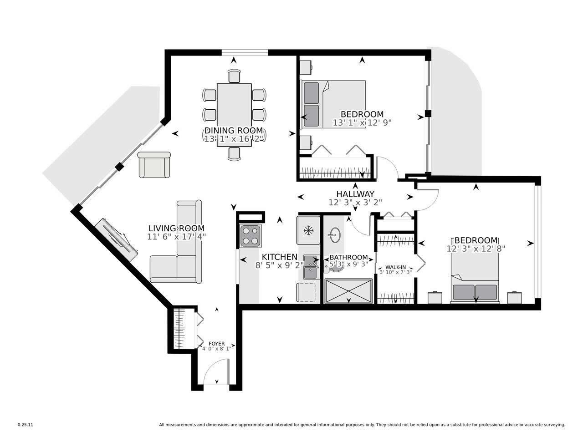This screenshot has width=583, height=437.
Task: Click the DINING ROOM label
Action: [x=234, y=131]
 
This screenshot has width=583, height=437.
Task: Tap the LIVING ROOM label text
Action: [x=177, y=228]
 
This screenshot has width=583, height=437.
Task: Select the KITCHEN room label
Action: [x=279, y=257]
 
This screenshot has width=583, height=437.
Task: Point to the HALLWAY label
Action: [x=355, y=194]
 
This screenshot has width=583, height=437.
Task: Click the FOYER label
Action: [x=216, y=343]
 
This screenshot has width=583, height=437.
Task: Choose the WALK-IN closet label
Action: [x=395, y=267]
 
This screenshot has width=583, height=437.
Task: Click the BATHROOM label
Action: [x=348, y=257]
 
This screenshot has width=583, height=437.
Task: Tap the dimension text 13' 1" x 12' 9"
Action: [x=362, y=122]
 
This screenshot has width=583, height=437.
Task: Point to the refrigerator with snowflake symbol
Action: [x=309, y=231]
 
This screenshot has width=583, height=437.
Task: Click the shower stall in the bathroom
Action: [x=348, y=291]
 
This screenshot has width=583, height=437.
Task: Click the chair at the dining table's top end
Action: [x=234, y=76]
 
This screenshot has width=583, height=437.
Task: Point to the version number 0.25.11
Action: [x=25, y=425]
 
